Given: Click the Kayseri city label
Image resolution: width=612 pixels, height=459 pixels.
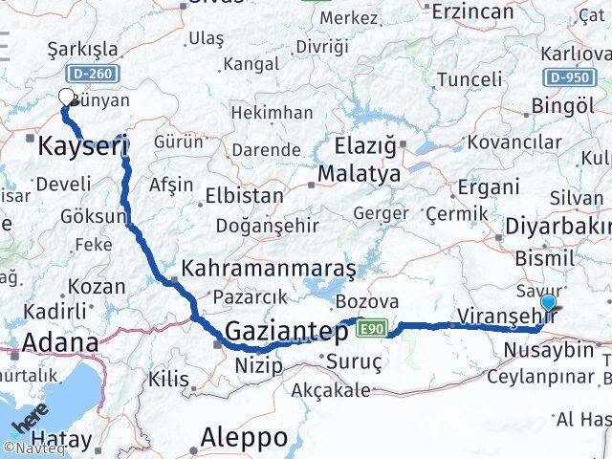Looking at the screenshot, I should coord(82,146).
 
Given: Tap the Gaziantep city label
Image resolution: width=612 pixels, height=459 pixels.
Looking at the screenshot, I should coord(287,332).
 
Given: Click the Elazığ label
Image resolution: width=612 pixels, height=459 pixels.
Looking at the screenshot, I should coord(364,146).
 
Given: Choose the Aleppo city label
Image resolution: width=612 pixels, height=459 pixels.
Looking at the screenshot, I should coord(244,437).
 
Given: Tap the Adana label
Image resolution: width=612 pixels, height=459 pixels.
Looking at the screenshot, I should coord(59,342).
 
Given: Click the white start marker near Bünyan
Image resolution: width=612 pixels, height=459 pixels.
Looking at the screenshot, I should coord(67,97).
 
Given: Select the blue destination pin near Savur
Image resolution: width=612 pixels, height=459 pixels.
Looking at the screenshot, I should coord(548,303).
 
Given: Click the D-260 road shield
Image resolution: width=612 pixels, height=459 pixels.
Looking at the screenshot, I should coord(90,74).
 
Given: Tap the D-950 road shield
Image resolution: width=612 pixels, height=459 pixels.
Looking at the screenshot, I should coord(569,77).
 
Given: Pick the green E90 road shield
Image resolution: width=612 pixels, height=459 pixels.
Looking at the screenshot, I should coord(371,329).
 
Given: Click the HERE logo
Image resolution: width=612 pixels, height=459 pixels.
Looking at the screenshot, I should coord(30,420).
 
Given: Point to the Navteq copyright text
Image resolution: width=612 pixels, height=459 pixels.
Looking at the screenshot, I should coord(29,448).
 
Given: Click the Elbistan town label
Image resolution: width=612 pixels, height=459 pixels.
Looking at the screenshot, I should coord(244,195).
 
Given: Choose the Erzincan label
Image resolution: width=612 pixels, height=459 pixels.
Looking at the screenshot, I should coord(472,12).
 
